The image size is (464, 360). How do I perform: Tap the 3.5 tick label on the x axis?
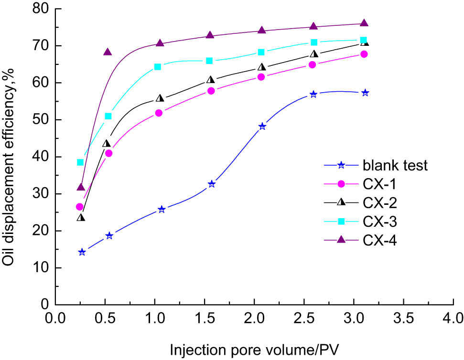pos(403,318)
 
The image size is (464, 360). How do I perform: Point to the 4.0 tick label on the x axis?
pos(453,318)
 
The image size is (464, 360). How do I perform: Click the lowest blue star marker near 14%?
pos(82,252)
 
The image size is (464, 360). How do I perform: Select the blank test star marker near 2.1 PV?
pos(262,127)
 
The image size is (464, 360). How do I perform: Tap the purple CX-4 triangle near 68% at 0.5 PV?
pos(108,52)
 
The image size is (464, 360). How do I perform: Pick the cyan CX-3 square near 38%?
pos(80,162)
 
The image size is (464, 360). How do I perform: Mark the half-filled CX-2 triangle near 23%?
pos(81,218)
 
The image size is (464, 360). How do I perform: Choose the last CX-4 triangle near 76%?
pos(364,23)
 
